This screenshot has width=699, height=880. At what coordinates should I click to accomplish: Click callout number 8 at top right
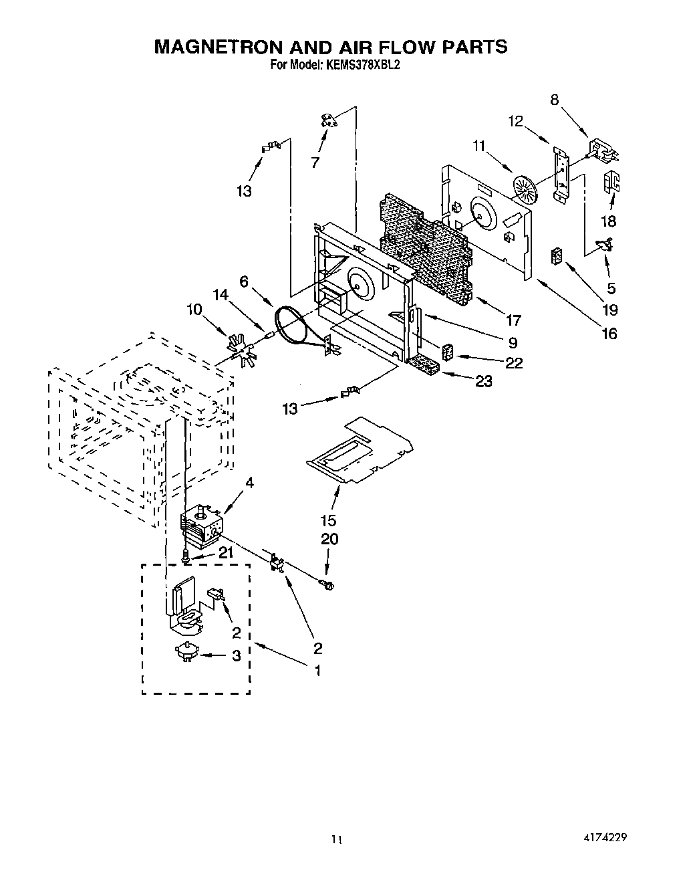(554, 100)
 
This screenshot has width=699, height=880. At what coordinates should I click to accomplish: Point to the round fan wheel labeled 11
(525, 187)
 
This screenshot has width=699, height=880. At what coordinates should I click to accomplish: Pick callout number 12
(515, 121)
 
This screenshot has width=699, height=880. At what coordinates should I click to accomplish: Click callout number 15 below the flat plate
(328, 520)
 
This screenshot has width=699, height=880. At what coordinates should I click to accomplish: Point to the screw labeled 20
(328, 586)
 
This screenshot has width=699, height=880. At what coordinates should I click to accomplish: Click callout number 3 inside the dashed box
(236, 656)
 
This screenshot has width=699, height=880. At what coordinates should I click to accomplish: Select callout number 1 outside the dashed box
(317, 670)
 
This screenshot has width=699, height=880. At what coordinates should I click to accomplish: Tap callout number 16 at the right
(609, 333)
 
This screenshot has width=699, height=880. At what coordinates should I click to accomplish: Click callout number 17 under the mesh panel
(513, 320)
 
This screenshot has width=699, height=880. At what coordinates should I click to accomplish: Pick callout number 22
(514, 363)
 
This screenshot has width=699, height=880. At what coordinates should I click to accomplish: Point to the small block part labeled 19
(556, 257)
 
